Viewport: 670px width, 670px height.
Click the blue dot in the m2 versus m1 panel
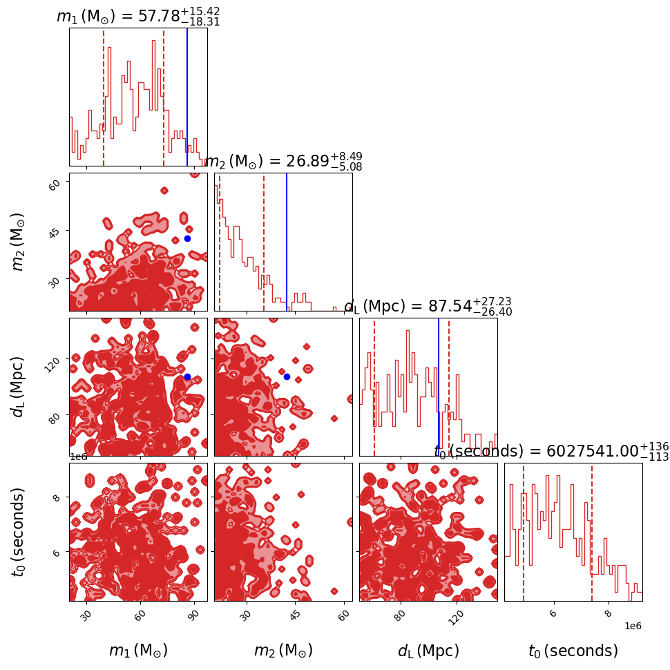point(187,238)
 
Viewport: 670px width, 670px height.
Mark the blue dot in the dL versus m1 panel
point(187,376)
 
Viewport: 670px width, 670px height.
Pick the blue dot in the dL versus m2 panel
point(287,376)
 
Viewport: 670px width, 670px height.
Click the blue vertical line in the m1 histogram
point(187,97)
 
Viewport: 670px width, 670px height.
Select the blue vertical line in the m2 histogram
point(287,242)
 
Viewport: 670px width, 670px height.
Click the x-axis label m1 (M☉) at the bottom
point(138,651)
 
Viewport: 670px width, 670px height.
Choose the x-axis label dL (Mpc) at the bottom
point(428,651)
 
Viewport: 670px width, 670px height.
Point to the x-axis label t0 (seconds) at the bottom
point(573,651)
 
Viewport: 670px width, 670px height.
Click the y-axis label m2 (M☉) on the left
point(19,242)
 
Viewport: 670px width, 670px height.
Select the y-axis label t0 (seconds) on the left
point(19,532)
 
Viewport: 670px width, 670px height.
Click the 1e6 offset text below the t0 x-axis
point(632,626)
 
